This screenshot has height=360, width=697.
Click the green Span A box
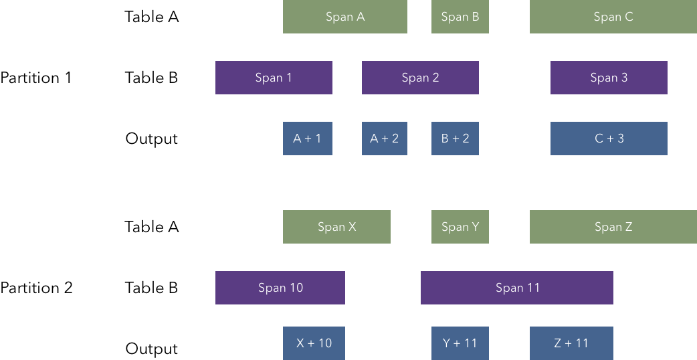344,17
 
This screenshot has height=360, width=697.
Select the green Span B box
460,17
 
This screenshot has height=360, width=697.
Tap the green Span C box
613,17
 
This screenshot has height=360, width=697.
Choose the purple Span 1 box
274,78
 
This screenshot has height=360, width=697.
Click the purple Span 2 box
420,78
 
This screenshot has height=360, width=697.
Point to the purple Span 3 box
609,78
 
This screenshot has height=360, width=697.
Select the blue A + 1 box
307,139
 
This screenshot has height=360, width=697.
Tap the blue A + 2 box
384,139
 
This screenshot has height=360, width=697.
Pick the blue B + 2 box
455,139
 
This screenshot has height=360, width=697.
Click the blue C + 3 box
609,139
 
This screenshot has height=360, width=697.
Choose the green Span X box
336,227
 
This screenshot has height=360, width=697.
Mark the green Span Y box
460,227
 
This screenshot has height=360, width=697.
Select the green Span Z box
613,227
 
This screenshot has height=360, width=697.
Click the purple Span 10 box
280,288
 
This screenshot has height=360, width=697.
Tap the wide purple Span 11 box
516,288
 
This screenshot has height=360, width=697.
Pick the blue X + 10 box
314,343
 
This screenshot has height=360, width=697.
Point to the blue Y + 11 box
460,343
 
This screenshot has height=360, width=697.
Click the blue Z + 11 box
571,343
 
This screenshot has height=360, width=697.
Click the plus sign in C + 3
609,139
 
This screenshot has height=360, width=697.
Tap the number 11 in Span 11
532,288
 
